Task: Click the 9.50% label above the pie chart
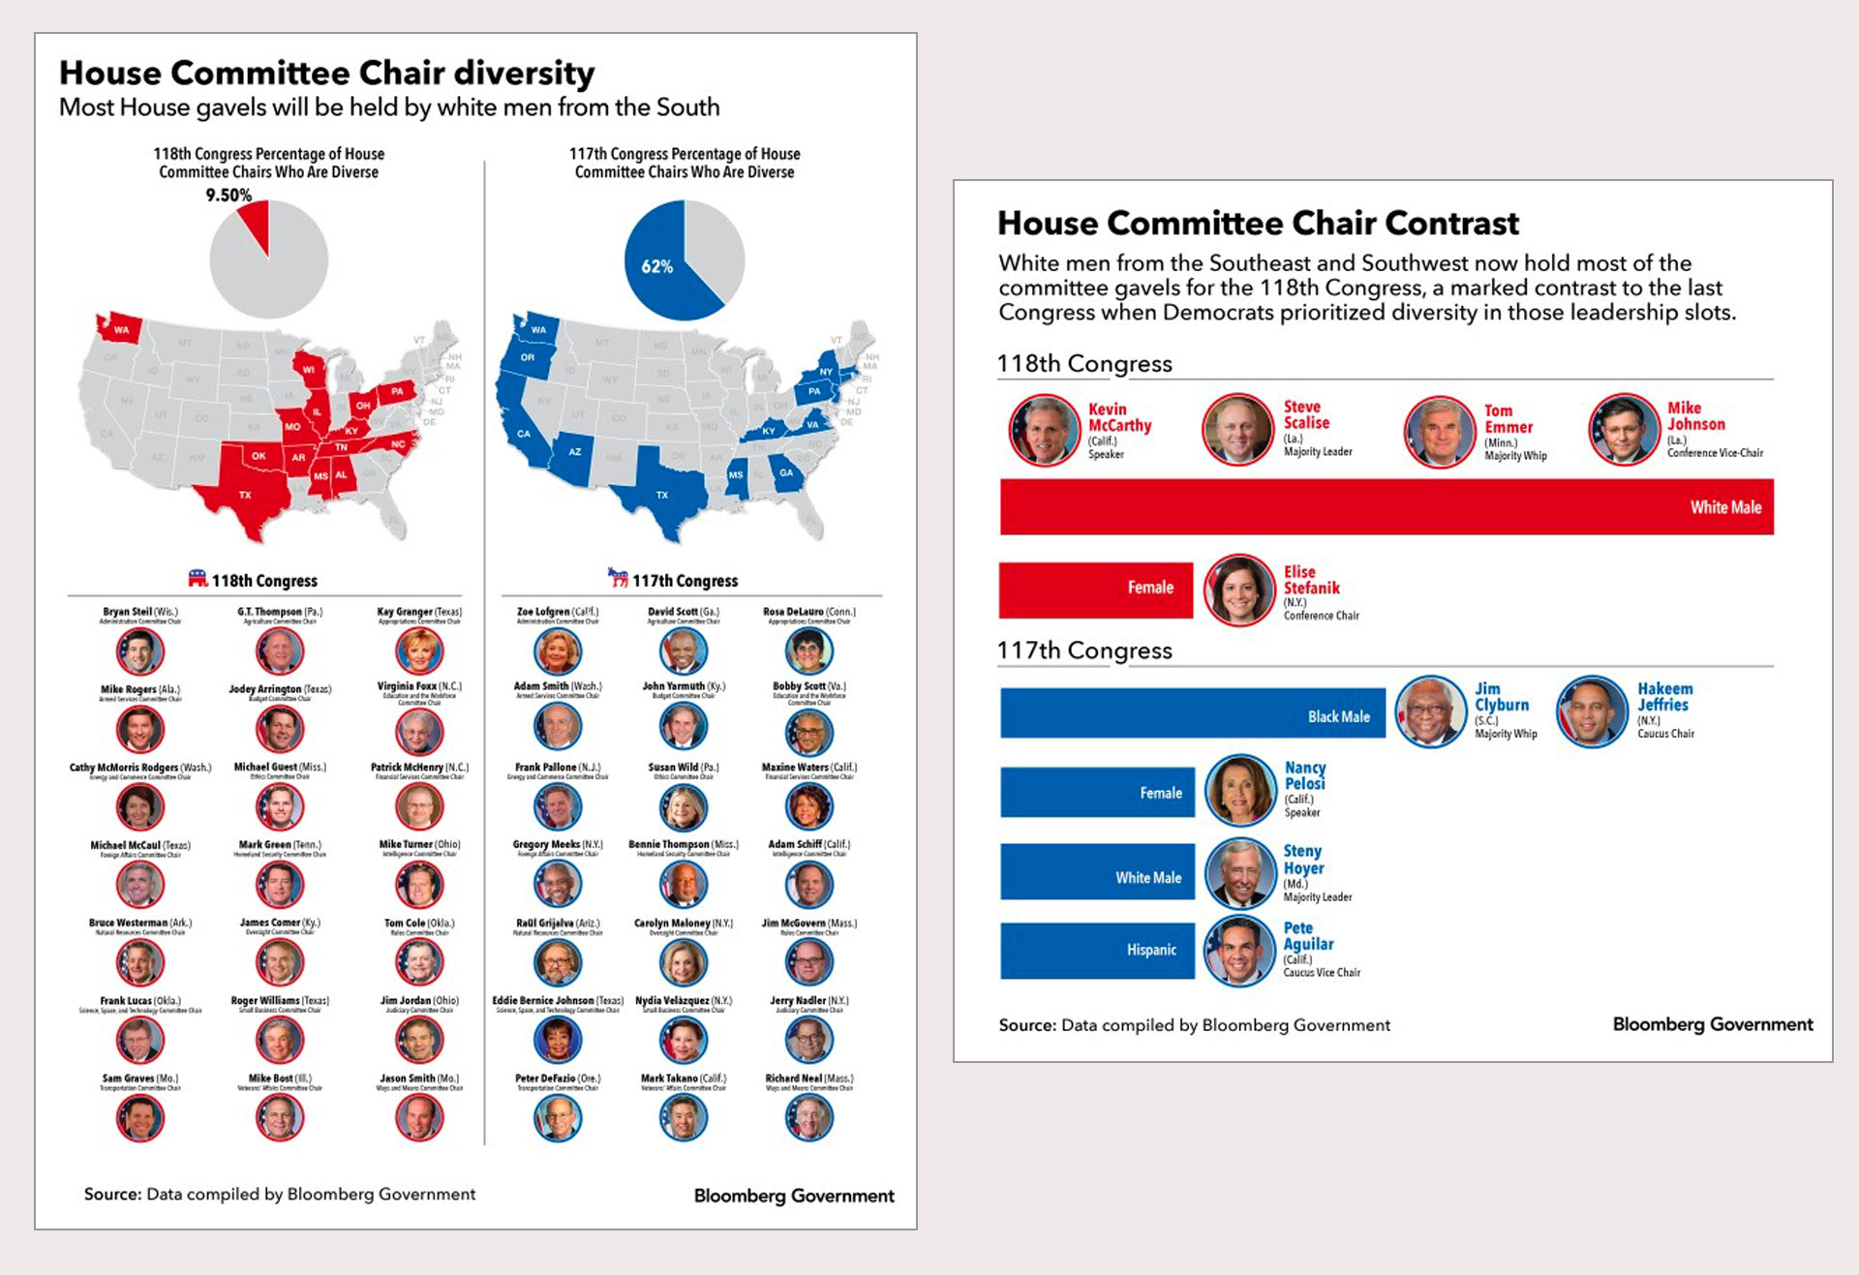pos(229,195)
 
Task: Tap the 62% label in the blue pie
pos(656,266)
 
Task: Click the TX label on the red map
pos(245,495)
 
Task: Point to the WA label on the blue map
pos(539,329)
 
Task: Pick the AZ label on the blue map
pos(575,451)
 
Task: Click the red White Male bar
pos(1387,506)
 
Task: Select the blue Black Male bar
pos(1192,715)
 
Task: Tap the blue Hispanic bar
pos(1097,950)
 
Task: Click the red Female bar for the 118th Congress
pos(1095,588)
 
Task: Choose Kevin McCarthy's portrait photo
pos(1044,430)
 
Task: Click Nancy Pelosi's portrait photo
pos(1240,790)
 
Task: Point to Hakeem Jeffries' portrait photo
pos(1591,712)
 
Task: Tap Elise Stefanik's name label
pos(1311,580)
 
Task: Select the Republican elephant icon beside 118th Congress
pos(198,578)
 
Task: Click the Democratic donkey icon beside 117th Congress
pos(618,578)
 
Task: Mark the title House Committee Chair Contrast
pos(1258,224)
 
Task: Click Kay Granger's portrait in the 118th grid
pos(419,651)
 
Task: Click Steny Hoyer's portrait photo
pos(1240,872)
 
